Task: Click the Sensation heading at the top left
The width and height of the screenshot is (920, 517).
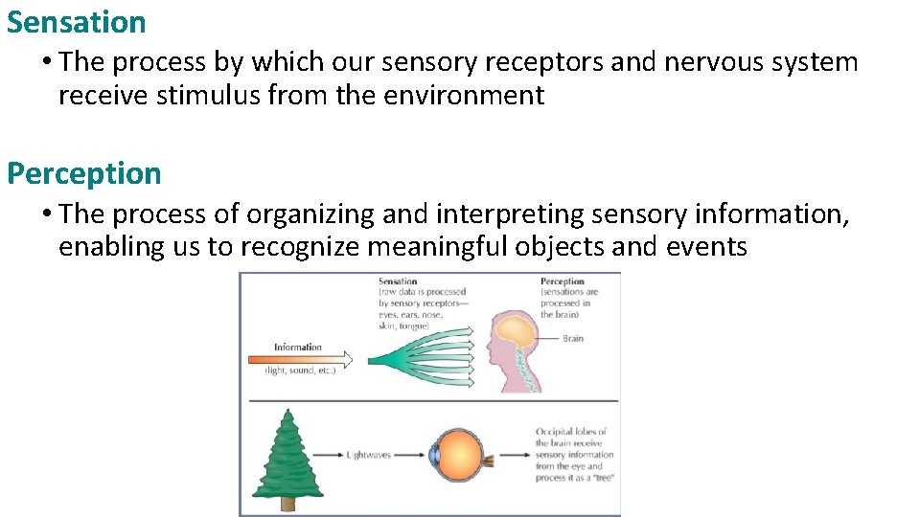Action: (77, 21)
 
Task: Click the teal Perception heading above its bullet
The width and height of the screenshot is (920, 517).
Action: (84, 173)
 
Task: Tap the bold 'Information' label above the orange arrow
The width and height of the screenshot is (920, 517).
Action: (297, 347)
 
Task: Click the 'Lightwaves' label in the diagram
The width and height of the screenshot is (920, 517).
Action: (369, 455)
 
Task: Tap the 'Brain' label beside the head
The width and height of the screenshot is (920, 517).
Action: (573, 338)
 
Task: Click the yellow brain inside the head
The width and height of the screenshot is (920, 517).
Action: (518, 331)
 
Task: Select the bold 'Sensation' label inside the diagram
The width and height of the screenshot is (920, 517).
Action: (398, 281)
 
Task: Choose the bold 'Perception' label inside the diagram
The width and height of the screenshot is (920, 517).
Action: (563, 281)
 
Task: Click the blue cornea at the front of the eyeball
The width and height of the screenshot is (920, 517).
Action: (432, 456)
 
